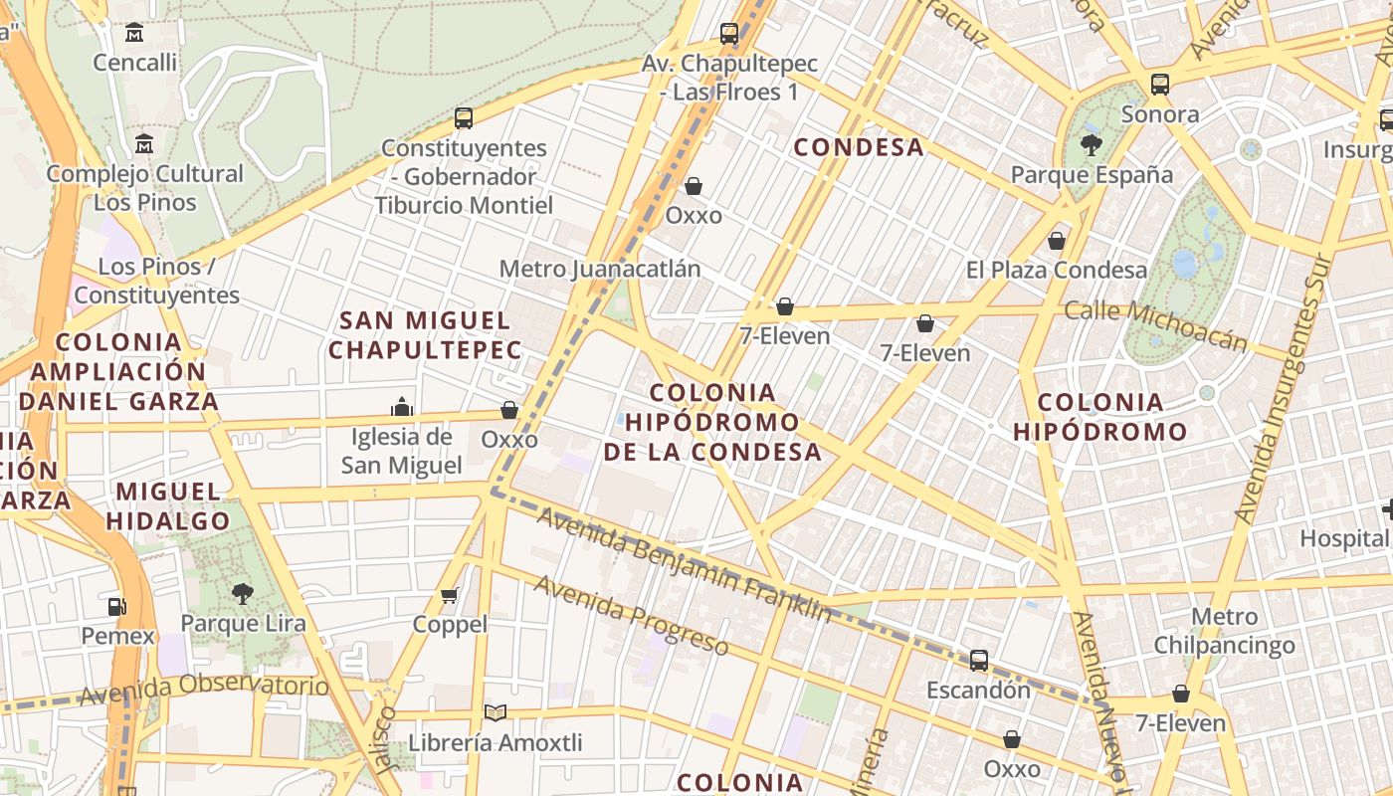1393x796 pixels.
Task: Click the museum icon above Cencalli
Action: coord(134,33)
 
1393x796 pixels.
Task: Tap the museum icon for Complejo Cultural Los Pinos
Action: coord(144,143)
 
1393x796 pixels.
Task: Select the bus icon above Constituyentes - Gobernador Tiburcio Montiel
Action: coord(464,118)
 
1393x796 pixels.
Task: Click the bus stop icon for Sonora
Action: coord(1160,85)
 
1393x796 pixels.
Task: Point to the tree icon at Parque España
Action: coord(1091,145)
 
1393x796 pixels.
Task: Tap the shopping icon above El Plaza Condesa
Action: coord(1057,241)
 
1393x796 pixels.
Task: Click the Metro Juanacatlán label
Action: coord(599,269)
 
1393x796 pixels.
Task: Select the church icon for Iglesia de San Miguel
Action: coord(402,407)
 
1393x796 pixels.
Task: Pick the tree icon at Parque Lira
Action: coord(242,594)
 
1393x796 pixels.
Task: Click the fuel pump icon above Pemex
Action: coord(117,606)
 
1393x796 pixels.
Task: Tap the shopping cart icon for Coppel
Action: coord(450,595)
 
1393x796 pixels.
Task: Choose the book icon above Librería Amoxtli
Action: coord(495,712)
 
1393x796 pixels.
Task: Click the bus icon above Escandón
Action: coord(979,661)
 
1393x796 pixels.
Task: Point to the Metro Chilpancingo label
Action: coord(1224,631)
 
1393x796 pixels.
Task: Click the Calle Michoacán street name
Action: coord(1155,325)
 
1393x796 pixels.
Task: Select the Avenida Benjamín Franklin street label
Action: coord(684,563)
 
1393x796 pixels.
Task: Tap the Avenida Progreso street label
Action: coord(631,615)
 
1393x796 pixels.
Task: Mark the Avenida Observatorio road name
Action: coord(204,688)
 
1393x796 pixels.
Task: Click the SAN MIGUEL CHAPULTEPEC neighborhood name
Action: coord(425,335)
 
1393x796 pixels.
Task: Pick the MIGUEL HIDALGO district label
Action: coord(168,505)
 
